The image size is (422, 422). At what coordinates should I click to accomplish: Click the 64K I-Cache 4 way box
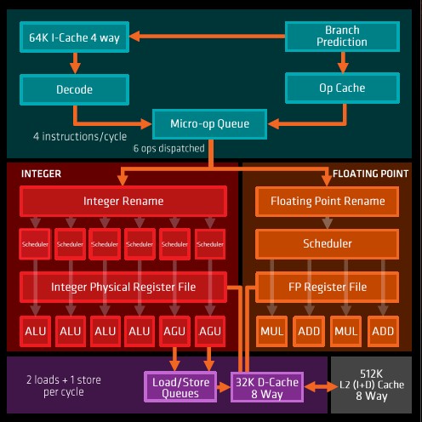(74, 37)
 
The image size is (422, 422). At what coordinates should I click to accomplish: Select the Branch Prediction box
(342, 37)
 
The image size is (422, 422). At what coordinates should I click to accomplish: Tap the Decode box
(74, 89)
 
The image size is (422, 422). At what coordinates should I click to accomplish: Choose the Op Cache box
(342, 88)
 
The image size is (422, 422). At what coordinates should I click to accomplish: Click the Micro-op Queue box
(209, 124)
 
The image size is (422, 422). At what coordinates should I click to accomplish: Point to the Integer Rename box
(123, 201)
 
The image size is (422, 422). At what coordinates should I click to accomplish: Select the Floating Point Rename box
(327, 202)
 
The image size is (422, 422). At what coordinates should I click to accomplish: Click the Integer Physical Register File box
(123, 287)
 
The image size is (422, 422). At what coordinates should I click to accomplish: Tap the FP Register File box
(327, 287)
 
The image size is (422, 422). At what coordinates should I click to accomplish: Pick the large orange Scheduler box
(327, 244)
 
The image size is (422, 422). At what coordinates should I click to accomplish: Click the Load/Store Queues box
(180, 387)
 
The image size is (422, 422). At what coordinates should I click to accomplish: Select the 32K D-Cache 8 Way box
(267, 387)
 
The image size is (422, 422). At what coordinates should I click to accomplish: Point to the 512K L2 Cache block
(371, 385)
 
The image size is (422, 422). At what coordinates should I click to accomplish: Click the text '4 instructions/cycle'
(80, 137)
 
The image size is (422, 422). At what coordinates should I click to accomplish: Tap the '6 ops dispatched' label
(169, 148)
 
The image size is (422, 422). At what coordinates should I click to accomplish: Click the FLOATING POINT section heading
(370, 174)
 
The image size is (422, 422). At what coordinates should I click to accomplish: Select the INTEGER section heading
(41, 174)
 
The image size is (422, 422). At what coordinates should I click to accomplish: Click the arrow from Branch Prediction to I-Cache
(208, 37)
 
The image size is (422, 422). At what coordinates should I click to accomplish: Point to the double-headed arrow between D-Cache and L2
(321, 387)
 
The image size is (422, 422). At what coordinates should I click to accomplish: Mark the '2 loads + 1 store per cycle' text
(64, 385)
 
